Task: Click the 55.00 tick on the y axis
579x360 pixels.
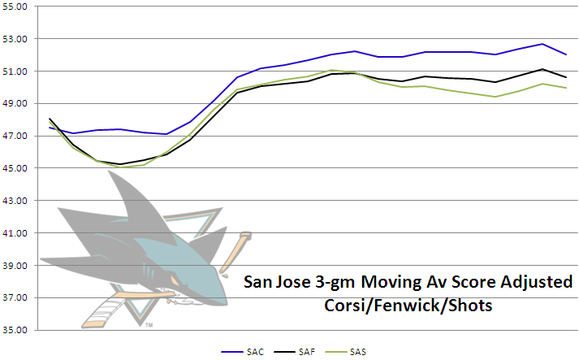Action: tap(16, 7)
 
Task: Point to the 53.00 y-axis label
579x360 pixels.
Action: tap(16, 39)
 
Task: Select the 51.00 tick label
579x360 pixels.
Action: tap(16, 72)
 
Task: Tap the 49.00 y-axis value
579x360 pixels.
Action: tap(16, 104)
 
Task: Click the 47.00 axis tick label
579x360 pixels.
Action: tap(16, 136)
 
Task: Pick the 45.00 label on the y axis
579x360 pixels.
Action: tap(16, 168)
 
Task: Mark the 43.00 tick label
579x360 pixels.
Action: tap(16, 201)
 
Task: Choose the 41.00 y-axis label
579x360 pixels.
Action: tap(16, 233)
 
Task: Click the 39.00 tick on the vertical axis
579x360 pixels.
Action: tap(16, 266)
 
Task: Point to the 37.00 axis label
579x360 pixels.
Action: tap(16, 298)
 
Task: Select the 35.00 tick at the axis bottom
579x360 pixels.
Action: tap(16, 331)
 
